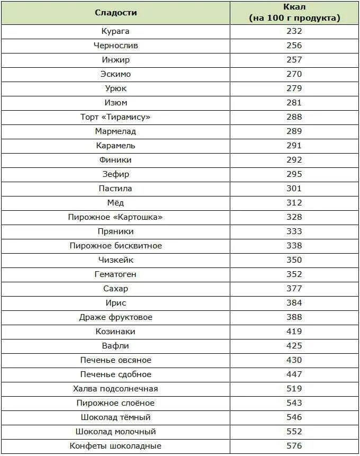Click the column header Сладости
tap(115, 13)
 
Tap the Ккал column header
tap(294, 13)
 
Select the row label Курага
tap(115, 31)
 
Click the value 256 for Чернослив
tap(294, 46)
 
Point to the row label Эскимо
tap(115, 74)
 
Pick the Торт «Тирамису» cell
tap(115, 117)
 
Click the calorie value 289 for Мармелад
tap(294, 131)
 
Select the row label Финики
tap(115, 160)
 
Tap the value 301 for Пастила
tap(294, 189)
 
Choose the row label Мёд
tap(115, 203)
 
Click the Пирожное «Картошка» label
tap(115, 217)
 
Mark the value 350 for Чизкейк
tap(294, 260)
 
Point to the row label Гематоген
tap(115, 274)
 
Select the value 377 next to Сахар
tap(294, 289)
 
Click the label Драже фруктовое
tap(115, 317)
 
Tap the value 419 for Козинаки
tap(294, 332)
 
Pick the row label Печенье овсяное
tap(115, 360)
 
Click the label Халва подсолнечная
tap(115, 389)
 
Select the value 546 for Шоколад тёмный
tap(294, 417)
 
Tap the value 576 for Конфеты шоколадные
tap(294, 446)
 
